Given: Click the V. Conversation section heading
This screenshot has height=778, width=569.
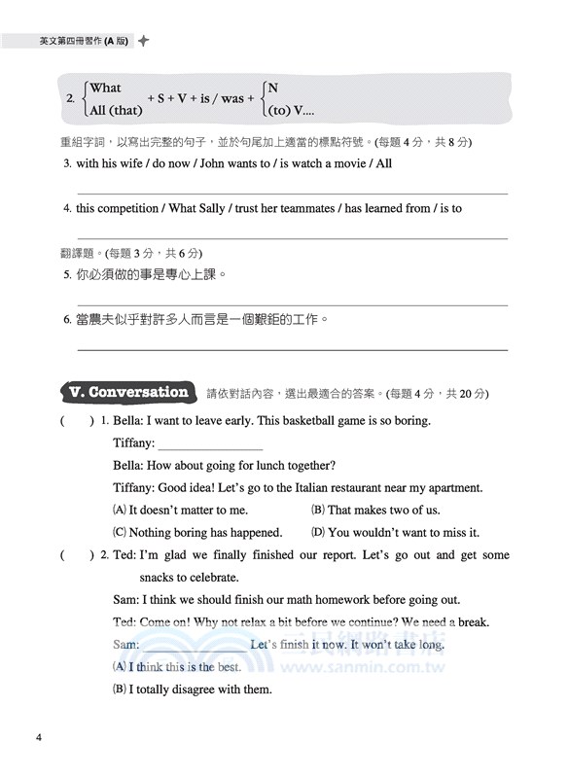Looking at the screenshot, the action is coord(128,393).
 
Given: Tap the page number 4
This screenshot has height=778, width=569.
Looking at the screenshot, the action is coord(38,736).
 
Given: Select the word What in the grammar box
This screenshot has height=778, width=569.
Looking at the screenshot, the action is coord(105,88).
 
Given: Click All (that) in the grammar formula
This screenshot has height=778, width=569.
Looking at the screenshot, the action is coord(116,110).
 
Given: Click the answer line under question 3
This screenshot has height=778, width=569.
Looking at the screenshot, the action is coord(292,194).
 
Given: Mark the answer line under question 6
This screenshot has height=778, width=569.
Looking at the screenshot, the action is coord(292,348).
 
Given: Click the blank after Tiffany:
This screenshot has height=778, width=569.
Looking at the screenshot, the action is coord(210,443).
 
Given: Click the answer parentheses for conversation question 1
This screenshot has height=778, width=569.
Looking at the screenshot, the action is coord(77,421).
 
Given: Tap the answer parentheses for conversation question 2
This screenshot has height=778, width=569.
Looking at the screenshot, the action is coord(77,555).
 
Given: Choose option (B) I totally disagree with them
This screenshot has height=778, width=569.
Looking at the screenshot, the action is coord(193,690).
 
